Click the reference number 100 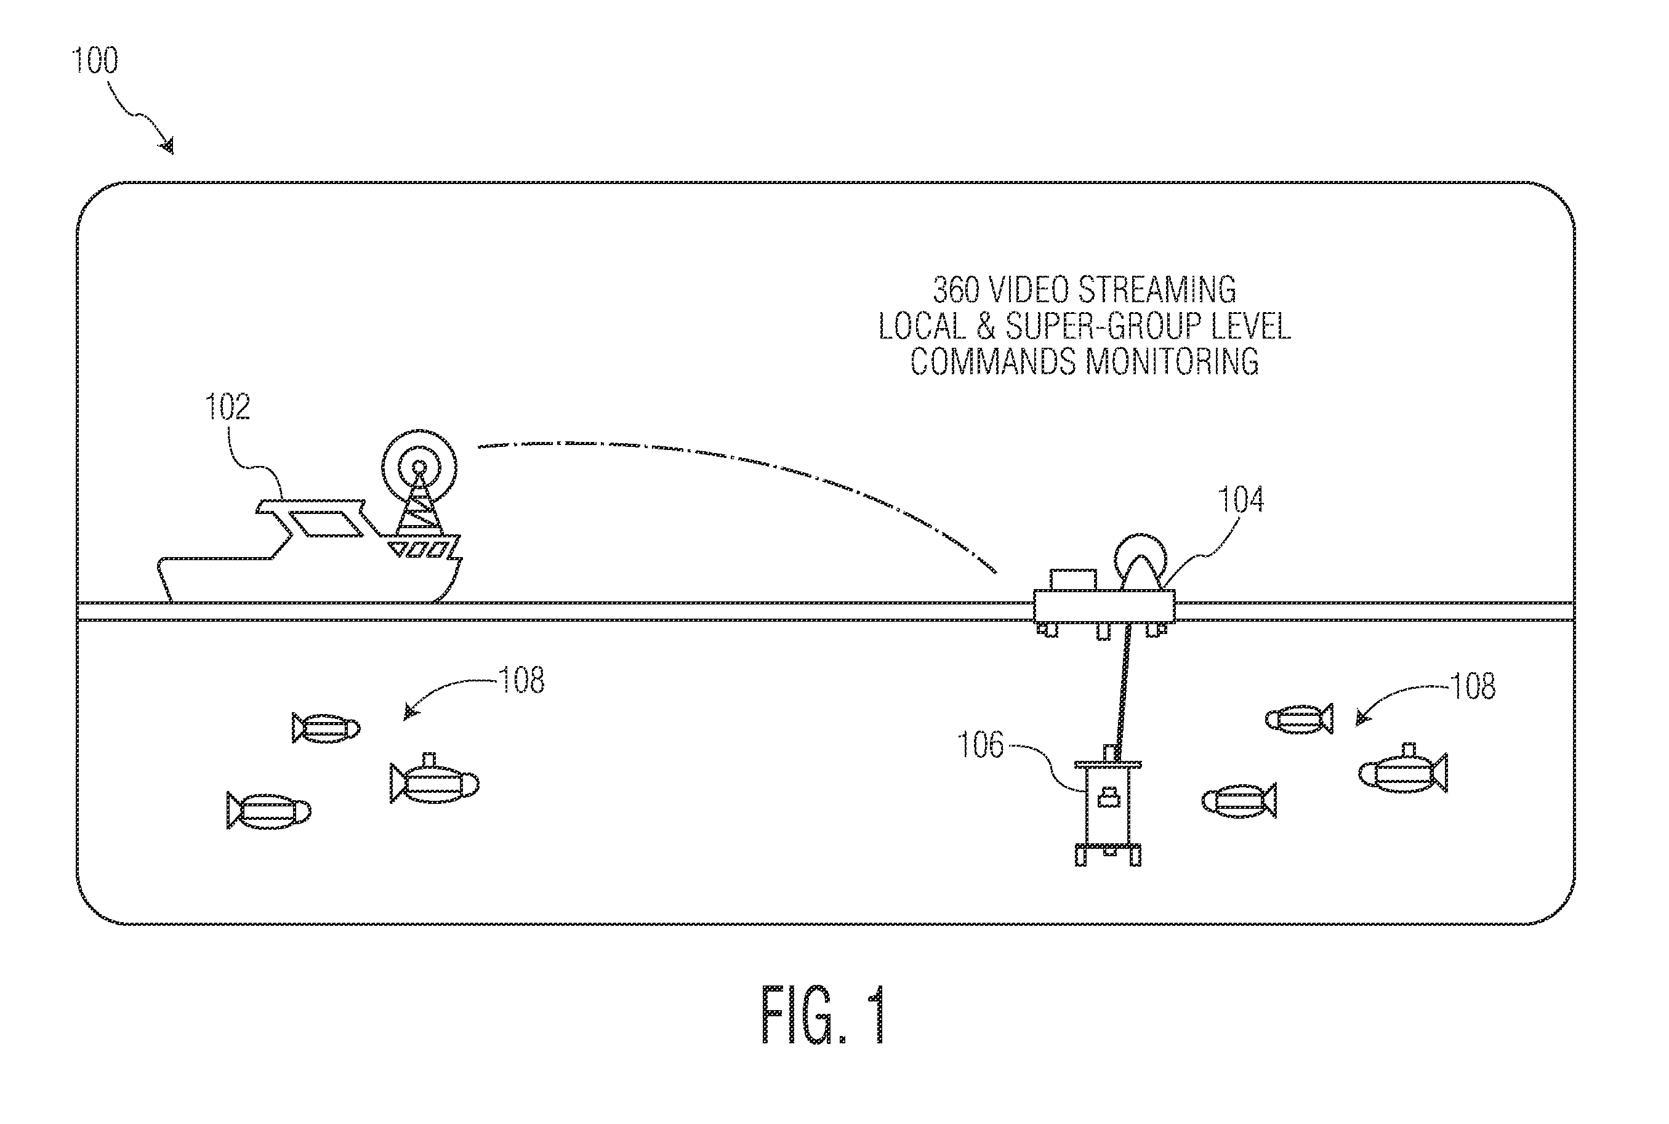pos(95,60)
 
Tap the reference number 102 pos(228,407)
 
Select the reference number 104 pos(1241,500)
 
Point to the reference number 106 pos(981,745)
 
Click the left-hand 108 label pos(522,680)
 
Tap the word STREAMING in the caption pos(1157,289)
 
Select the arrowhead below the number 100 pos(167,147)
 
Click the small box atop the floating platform pos(1073,580)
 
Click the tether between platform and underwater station pos(1123,684)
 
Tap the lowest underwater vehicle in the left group pos(269,811)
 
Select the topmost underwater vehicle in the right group pos(1299,719)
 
